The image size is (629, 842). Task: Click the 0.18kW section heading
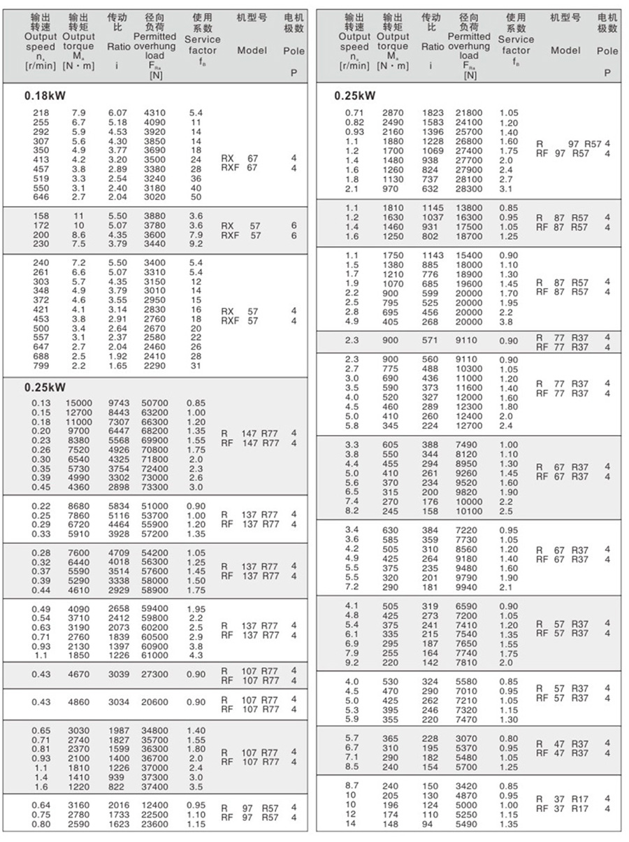click(x=45, y=96)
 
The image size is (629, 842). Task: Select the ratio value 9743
click(x=120, y=404)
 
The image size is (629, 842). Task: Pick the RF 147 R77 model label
click(x=250, y=443)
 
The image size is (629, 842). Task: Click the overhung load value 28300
click(x=468, y=189)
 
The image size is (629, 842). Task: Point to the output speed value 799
click(x=41, y=366)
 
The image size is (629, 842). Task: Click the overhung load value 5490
click(x=468, y=824)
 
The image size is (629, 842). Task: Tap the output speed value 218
click(x=41, y=113)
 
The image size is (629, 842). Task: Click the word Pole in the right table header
click(x=607, y=50)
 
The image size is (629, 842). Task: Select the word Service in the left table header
click(x=202, y=40)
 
